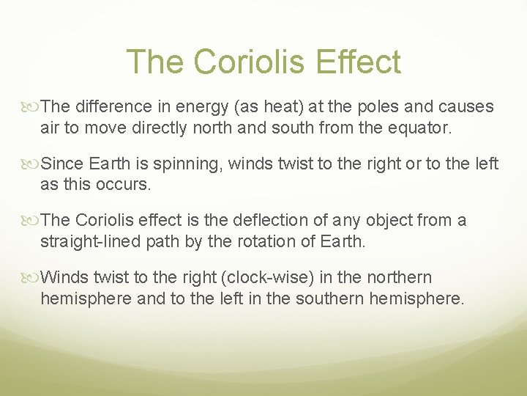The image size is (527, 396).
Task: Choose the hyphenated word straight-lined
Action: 86,240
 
